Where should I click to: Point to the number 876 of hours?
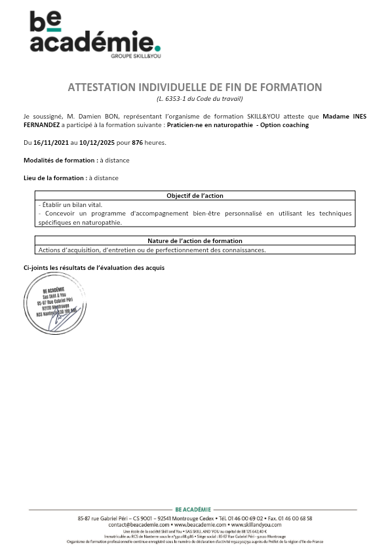(x=138, y=142)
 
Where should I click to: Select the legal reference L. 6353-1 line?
(x=195, y=98)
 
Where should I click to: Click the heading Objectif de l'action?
(x=195, y=195)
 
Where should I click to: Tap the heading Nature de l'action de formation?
(x=195, y=240)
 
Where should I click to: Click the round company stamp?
(x=55, y=304)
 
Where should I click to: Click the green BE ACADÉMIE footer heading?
(x=193, y=510)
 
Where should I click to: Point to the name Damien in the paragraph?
(x=88, y=116)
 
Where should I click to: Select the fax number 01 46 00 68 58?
(x=293, y=518)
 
